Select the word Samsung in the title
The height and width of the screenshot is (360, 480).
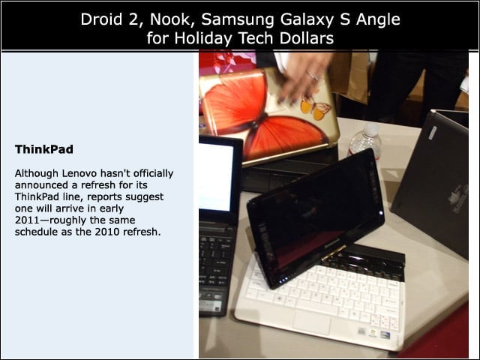(238, 20)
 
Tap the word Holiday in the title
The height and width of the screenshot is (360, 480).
(202, 38)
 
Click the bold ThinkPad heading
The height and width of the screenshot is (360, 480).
(44, 149)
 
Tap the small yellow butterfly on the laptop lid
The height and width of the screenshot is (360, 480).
(315, 107)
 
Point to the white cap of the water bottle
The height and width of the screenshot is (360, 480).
(372, 129)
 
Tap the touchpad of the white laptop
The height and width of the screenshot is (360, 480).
(312, 322)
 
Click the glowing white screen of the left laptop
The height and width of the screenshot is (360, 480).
(215, 178)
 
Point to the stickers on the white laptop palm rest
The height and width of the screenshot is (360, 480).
(374, 332)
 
